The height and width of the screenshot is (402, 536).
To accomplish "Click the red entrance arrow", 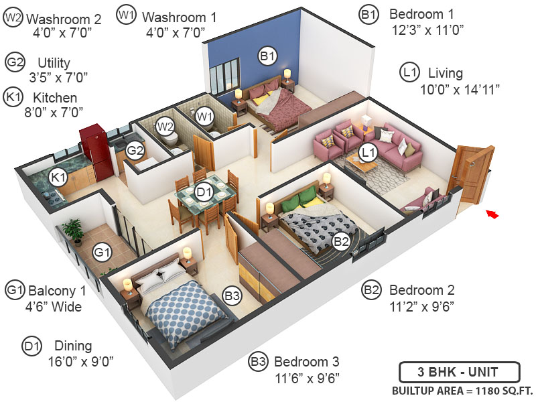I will coord(492,214).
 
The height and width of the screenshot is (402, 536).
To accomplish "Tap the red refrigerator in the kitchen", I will coord(94,152).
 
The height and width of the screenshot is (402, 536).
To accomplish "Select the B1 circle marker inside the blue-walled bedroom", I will coord(267,57).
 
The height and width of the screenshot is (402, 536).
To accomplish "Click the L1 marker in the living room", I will coord(366,153).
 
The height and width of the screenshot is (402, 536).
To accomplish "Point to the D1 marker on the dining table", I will coord(204,194).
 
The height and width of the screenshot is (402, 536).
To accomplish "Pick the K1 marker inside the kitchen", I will coord(58,177).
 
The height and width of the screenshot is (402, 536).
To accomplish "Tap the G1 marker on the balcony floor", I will coord(102,253).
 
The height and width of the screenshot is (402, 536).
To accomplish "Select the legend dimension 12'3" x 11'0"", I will coord(428,29).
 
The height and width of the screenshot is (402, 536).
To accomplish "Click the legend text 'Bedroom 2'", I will coord(422,290).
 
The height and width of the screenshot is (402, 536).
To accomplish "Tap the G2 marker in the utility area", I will coord(135,150).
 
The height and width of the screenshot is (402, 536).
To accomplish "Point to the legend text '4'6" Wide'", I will coord(54,308).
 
